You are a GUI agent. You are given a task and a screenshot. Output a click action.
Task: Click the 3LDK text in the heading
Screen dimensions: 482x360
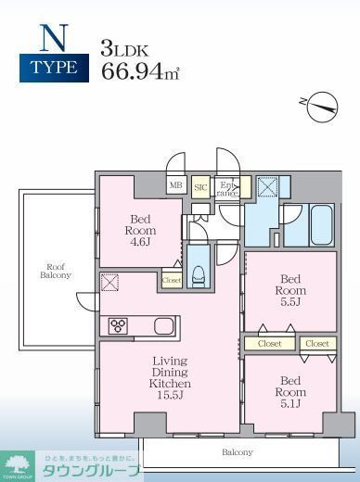coord(123,46)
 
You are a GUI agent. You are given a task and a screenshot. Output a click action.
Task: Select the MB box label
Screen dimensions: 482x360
coord(174,186)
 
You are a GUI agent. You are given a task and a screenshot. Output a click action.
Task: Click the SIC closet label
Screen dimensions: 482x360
coord(200,186)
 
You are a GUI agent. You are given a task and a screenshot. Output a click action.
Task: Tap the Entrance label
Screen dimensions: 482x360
coord(227,187)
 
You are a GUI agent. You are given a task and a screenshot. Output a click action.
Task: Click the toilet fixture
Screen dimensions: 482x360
coord(198,271)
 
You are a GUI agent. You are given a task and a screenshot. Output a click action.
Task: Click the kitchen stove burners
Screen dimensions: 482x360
coord(119,325)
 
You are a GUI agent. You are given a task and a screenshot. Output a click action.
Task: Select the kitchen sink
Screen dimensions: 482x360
coord(162,325)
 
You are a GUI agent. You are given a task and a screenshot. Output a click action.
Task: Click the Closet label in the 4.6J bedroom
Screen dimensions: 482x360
coord(172,279)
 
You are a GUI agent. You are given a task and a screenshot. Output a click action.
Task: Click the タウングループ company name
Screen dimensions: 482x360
coord(90,471)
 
